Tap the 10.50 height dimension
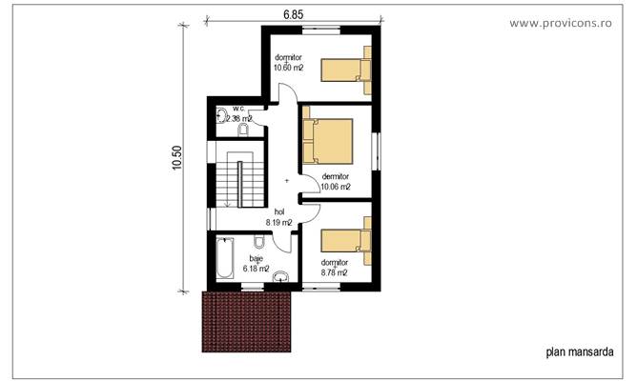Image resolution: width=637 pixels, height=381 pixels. pos(177,158)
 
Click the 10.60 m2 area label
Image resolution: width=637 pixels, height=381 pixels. pos(288,68)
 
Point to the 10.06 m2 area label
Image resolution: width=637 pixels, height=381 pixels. pos(336,187)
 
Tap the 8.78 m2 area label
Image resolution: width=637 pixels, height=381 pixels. pos(334,272)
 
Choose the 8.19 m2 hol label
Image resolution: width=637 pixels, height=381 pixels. pos(279,222)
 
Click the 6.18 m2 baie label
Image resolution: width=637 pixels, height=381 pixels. pos(257,270)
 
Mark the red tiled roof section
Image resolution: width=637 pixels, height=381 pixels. pos(245,321)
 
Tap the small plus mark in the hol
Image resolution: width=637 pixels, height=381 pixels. pos(286,181)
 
